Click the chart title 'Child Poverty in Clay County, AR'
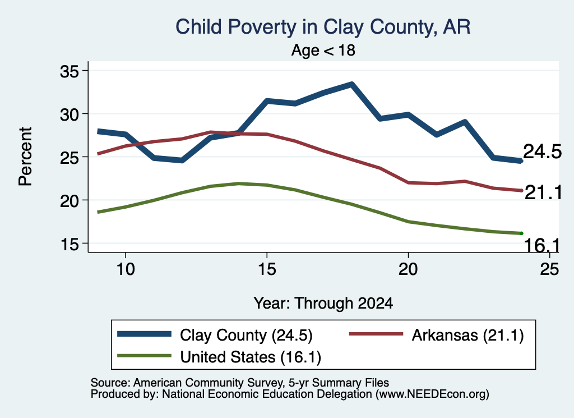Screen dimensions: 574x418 [x=323, y=27]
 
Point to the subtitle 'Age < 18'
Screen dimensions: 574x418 [x=323, y=50]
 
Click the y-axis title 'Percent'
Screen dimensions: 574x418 [x=25, y=157]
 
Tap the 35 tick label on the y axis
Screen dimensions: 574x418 [x=69, y=71]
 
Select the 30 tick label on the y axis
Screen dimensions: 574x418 [x=69, y=114]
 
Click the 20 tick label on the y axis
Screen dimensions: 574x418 [x=69, y=201]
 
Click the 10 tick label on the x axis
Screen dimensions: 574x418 [x=126, y=269]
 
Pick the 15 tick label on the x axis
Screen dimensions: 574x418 [x=267, y=269]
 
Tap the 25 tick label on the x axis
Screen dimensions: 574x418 [x=549, y=269]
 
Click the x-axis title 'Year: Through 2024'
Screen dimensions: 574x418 [x=323, y=304]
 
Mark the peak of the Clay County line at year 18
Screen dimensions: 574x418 [x=351, y=85]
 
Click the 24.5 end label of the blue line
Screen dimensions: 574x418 [x=542, y=151]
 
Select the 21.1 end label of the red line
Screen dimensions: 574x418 [x=543, y=192]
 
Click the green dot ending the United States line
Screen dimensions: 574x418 [x=521, y=233]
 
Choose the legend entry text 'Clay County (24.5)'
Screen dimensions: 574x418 [x=246, y=335]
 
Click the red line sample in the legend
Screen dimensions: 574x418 [x=376, y=334]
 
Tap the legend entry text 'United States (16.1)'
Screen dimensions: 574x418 [x=251, y=357]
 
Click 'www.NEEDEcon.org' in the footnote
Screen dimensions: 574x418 [x=432, y=394]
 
